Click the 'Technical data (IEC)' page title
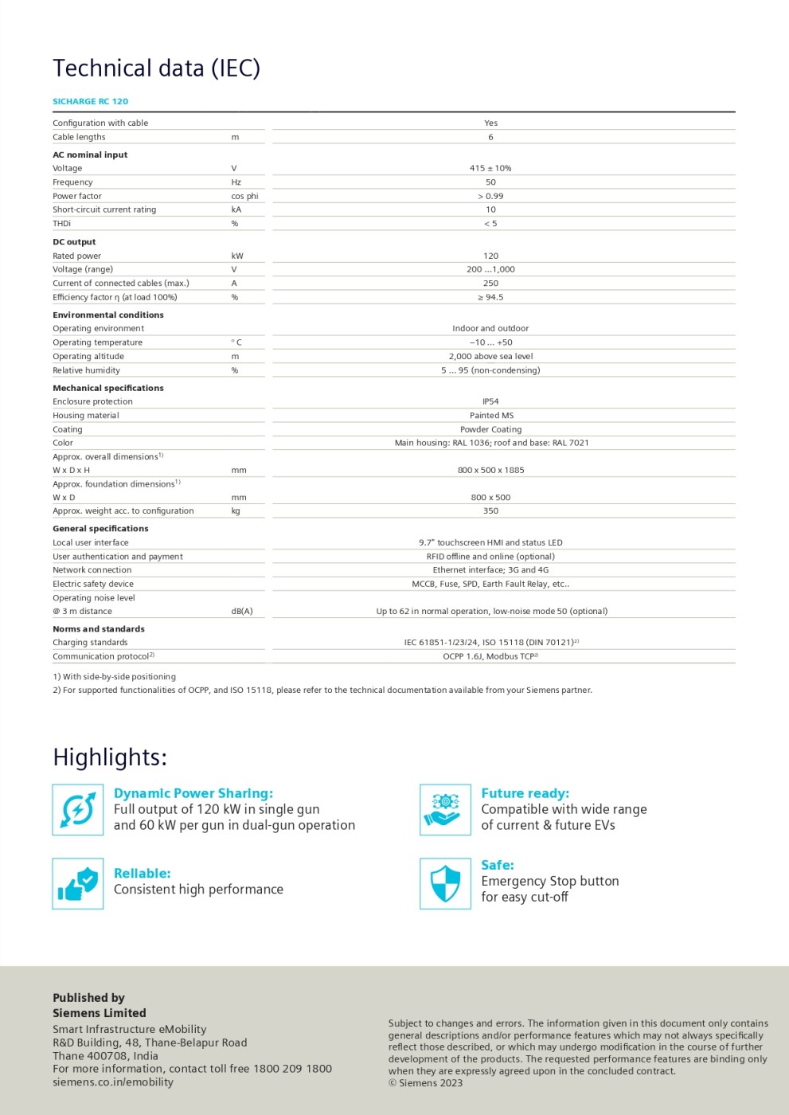pos(156,68)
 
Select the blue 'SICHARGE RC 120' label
pos(90,101)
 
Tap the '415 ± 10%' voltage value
pos(490,168)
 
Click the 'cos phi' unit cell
pos(244,196)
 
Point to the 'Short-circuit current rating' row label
pos(104,209)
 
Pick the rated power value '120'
pos(490,256)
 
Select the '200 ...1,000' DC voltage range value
pos(490,269)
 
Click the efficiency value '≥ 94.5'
pos(490,297)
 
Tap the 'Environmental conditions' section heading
pos(108,315)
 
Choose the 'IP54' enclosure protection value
pos(490,401)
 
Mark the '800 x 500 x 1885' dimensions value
pos(490,470)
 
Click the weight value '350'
pos(490,511)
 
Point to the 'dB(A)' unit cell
pos(242,611)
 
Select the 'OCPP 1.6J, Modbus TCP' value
pos(490,656)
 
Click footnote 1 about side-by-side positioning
pos(114,676)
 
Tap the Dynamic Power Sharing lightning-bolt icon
pos(78,809)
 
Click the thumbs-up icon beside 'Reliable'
pos(78,883)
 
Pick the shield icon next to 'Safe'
pos(445,883)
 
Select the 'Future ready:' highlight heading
pos(525,793)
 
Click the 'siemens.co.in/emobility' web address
pos(112,1082)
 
